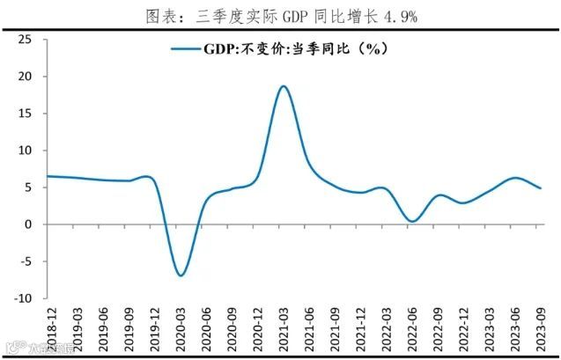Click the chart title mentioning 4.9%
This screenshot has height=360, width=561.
point(281,15)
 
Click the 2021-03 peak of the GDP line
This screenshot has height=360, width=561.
point(283,86)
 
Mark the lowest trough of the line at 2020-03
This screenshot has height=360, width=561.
point(181,276)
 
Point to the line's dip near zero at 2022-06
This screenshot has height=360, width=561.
point(411,221)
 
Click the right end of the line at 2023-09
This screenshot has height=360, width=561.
point(540,188)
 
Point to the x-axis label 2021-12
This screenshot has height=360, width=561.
point(360,327)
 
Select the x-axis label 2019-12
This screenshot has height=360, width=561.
point(154,327)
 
